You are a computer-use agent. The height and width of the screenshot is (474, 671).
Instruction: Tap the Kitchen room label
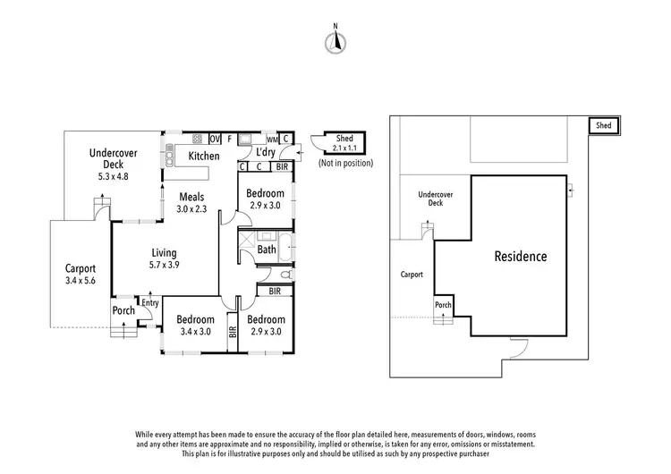click(x=204, y=157)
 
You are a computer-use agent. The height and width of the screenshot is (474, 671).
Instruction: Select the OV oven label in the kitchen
click(x=215, y=139)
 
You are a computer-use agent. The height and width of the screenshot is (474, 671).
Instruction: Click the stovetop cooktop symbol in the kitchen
click(x=198, y=139)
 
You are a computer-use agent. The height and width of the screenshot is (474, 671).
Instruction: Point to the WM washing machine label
click(x=272, y=140)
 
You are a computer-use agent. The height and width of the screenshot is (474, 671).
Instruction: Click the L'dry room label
click(x=266, y=152)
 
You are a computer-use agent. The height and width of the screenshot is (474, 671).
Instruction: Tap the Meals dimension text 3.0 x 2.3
click(x=191, y=208)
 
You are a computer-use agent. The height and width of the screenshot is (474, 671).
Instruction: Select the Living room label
click(x=164, y=253)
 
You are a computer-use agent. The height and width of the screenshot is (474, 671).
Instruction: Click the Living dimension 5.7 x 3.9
click(x=165, y=265)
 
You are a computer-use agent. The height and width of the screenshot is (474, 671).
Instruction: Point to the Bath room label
click(x=267, y=249)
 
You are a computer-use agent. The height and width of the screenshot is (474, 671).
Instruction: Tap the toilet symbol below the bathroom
click(x=287, y=275)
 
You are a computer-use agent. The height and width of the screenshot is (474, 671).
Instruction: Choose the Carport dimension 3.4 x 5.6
click(x=81, y=281)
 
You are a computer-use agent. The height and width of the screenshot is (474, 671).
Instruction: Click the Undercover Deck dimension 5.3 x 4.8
click(x=113, y=176)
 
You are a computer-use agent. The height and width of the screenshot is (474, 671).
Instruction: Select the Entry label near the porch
click(x=150, y=303)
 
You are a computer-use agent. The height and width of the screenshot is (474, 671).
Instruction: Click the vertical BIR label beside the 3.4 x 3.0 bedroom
click(x=233, y=332)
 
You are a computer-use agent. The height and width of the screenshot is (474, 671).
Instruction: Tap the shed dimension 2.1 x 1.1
click(x=344, y=148)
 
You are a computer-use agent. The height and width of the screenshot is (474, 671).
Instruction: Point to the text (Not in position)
click(x=345, y=163)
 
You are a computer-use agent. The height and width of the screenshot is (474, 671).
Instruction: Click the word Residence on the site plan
click(x=521, y=257)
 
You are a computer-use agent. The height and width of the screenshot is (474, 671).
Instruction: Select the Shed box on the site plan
click(x=604, y=125)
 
